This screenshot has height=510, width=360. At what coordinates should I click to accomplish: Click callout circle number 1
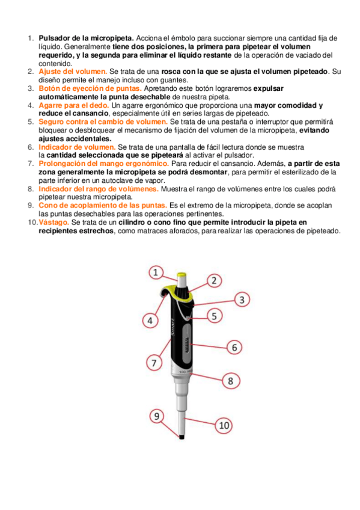(156, 272)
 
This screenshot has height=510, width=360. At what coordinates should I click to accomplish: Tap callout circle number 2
(215, 280)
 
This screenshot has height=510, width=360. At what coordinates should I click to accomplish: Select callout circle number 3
(242, 299)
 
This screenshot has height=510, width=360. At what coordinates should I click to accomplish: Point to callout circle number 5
(215, 315)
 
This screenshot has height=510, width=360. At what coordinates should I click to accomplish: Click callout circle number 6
(235, 347)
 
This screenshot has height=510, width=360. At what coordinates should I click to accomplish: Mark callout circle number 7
(154, 363)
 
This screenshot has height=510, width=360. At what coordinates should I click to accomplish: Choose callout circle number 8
(230, 381)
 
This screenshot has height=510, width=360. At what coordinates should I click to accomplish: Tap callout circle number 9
(156, 415)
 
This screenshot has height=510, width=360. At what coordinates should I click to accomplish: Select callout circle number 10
(224, 425)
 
